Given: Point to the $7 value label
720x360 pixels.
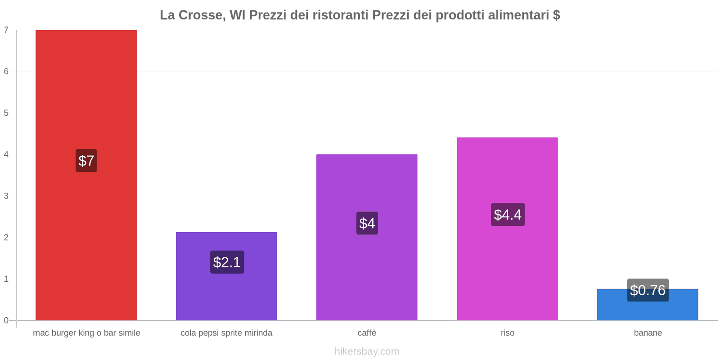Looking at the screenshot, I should point(86,161).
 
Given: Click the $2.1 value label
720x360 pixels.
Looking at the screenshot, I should point(227,262).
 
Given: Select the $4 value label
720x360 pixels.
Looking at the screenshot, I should point(367,223).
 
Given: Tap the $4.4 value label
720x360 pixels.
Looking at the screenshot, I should point(508,215).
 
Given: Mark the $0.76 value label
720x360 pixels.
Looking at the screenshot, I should point(648,290).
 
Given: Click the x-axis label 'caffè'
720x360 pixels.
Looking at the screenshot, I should point(367,333).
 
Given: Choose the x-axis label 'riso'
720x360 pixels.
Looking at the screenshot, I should point(507,333).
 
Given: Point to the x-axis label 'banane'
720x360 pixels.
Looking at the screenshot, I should point(648,333).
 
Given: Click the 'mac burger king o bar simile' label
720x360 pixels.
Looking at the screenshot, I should point(86,333).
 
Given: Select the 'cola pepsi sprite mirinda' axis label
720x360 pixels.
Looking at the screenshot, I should point(226,333).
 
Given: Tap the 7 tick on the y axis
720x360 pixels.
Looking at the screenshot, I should point(6,30).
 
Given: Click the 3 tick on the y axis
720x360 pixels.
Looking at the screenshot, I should point(6,196).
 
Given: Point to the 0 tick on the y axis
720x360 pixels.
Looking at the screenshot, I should point(6,320).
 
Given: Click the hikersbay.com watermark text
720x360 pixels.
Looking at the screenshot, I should point(367,351).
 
